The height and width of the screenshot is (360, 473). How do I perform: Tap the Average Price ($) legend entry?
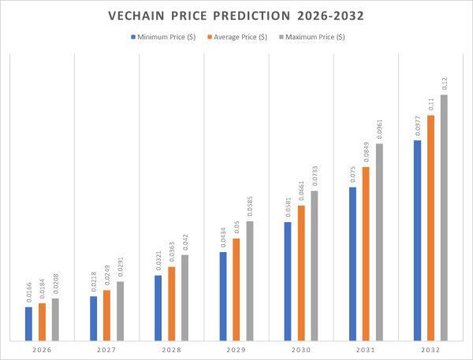pyautogui.click(x=238, y=37)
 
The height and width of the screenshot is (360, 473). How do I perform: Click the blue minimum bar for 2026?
pyautogui.click(x=28, y=324)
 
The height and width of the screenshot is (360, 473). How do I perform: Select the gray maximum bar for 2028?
pyautogui.click(x=185, y=298)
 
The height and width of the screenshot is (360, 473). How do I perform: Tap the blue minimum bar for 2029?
pyautogui.click(x=223, y=296)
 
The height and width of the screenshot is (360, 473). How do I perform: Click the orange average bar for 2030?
pyautogui.click(x=301, y=273)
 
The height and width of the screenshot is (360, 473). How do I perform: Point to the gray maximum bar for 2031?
pyautogui.click(x=379, y=242)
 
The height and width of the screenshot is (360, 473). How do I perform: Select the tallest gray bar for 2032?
pyautogui.click(x=444, y=217)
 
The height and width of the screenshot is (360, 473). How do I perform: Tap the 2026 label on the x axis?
pyautogui.click(x=42, y=350)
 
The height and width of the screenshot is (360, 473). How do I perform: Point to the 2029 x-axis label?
pyautogui.click(x=236, y=350)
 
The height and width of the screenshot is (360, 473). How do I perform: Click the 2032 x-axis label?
pyautogui.click(x=430, y=350)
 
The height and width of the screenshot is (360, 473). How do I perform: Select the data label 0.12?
pyautogui.click(x=445, y=83)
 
